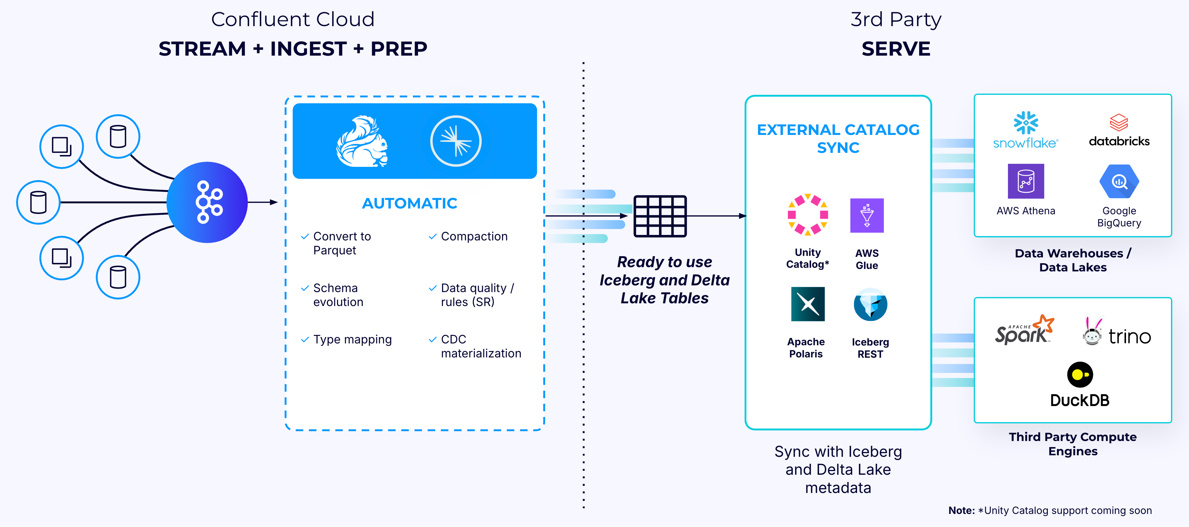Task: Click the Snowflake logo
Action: tap(1026, 130)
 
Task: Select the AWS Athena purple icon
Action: tap(1026, 181)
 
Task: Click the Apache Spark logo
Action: tap(1024, 330)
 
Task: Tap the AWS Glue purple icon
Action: tap(867, 215)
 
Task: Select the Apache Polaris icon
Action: tap(808, 304)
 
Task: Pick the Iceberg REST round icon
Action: tap(870, 304)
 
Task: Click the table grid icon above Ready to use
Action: tap(660, 216)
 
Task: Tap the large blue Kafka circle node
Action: tap(207, 202)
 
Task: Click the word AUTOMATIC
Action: tap(410, 203)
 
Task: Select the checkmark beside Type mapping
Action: tap(305, 340)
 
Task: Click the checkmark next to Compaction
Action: tap(433, 236)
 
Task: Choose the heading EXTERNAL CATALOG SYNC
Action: tap(838, 138)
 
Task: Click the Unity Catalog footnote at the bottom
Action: tap(1050, 510)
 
